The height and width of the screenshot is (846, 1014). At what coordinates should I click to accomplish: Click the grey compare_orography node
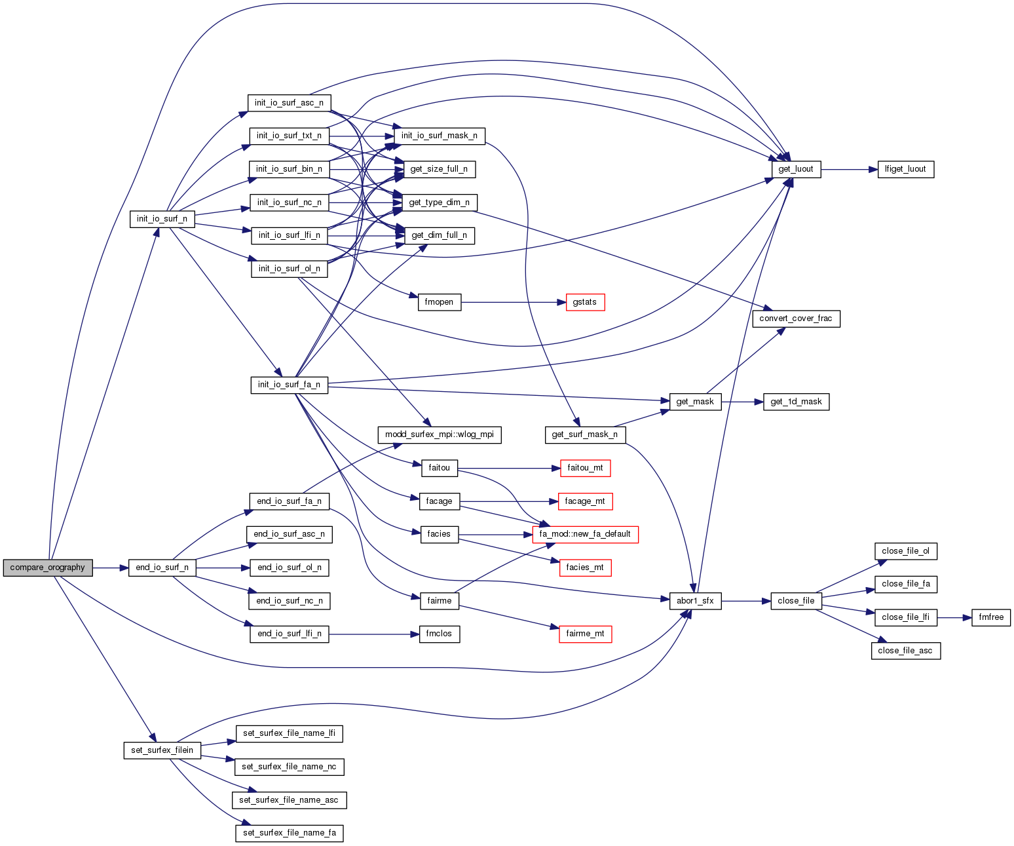point(48,567)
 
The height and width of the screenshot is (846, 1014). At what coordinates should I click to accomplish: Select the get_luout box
point(796,169)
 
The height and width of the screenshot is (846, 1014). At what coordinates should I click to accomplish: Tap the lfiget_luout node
point(905,169)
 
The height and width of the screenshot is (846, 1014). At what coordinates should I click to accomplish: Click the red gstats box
point(585,302)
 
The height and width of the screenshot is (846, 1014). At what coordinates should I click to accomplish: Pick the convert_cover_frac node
point(796,318)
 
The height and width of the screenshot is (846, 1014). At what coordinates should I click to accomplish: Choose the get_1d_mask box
point(796,402)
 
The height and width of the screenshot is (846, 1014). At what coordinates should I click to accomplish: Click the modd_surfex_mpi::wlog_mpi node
point(440,434)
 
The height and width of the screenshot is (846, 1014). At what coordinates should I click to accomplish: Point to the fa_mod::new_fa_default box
point(585,534)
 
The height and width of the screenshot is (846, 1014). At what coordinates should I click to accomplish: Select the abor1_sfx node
point(695,601)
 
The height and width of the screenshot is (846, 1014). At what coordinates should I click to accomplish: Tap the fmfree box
point(991,617)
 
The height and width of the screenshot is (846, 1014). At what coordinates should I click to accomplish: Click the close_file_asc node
point(905,651)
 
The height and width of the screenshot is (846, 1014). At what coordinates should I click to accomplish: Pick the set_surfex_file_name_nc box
point(289,767)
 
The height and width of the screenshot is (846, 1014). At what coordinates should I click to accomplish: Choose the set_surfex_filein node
point(162,750)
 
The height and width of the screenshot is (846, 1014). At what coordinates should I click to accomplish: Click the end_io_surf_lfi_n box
point(290,634)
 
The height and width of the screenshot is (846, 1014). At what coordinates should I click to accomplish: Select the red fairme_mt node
point(585,634)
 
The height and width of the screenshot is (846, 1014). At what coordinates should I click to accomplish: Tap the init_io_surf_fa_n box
point(289,385)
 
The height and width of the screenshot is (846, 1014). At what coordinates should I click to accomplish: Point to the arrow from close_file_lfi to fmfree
point(954,617)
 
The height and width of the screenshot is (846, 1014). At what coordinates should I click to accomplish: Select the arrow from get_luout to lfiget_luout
point(849,169)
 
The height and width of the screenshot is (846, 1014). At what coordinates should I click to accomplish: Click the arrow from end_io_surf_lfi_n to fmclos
point(374,634)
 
